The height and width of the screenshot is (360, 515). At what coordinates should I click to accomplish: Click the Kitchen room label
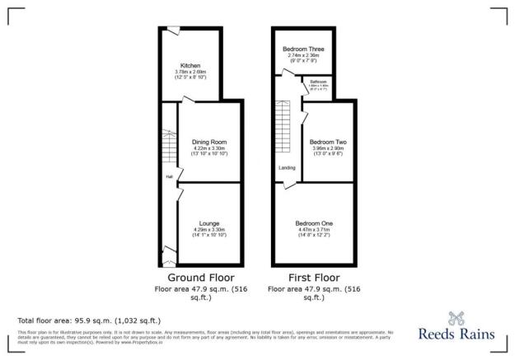point(191,65)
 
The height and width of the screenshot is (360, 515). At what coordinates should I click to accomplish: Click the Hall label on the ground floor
point(169,176)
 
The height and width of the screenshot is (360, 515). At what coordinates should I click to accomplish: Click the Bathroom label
point(319,82)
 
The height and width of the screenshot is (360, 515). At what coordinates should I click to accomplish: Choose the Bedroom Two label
point(321,142)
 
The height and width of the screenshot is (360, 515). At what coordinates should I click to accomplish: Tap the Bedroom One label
point(316,223)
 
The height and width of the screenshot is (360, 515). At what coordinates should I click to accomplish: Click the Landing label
point(287,168)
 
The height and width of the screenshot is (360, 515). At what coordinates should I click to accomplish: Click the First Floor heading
point(315,278)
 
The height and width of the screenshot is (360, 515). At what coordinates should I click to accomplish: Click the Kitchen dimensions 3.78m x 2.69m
point(191,72)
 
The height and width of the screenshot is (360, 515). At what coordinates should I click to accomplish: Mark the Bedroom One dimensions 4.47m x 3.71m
point(316,231)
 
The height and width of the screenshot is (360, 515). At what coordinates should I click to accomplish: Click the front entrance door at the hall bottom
point(169,252)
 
